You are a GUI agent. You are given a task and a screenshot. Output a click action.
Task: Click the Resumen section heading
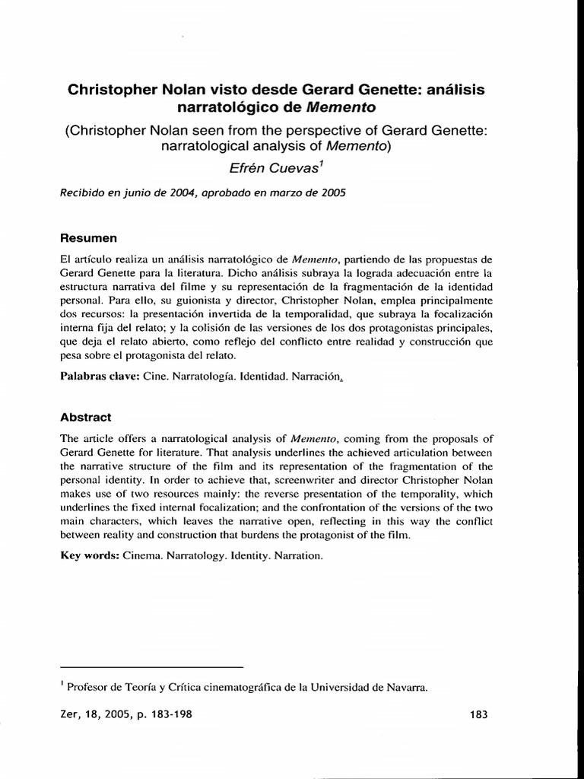pos(87,238)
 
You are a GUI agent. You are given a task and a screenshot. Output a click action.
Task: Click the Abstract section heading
pos(85,417)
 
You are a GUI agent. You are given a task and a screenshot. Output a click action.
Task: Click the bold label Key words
pos(87,555)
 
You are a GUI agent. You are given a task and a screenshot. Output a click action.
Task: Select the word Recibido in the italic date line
pos(82,192)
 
